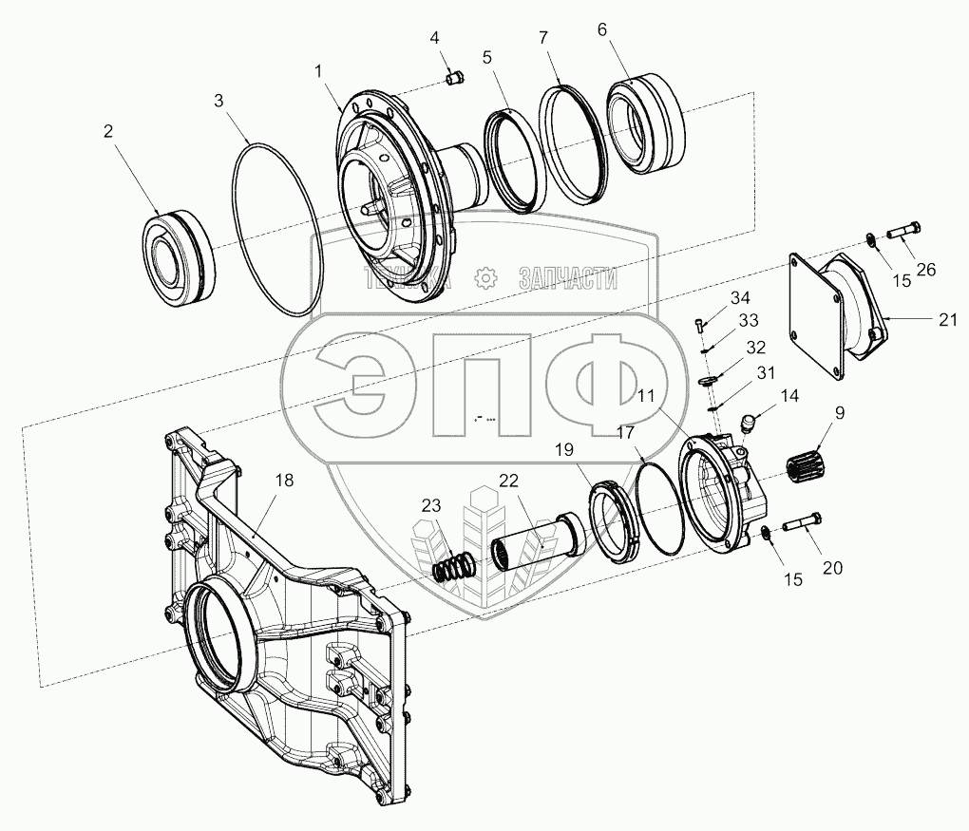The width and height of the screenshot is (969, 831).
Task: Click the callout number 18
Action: (284, 480)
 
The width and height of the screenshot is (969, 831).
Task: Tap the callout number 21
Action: (947, 319)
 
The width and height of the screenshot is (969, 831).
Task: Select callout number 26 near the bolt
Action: (925, 270)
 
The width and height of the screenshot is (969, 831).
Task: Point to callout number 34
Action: (740, 298)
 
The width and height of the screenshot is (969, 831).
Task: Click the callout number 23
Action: (431, 505)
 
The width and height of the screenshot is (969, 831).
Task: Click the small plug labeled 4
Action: (455, 79)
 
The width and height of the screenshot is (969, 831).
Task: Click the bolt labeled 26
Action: (904, 230)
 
